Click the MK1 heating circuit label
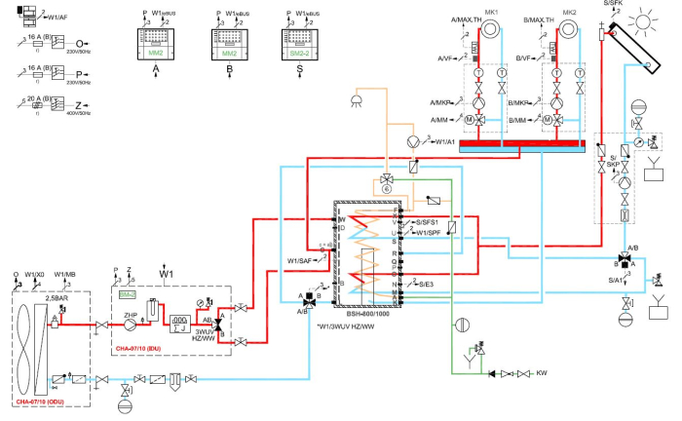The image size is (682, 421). tap(491, 12)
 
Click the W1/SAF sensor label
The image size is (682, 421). tap(302, 259)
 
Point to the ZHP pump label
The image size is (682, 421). tap(130, 315)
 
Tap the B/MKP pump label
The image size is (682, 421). tap(521, 102)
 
